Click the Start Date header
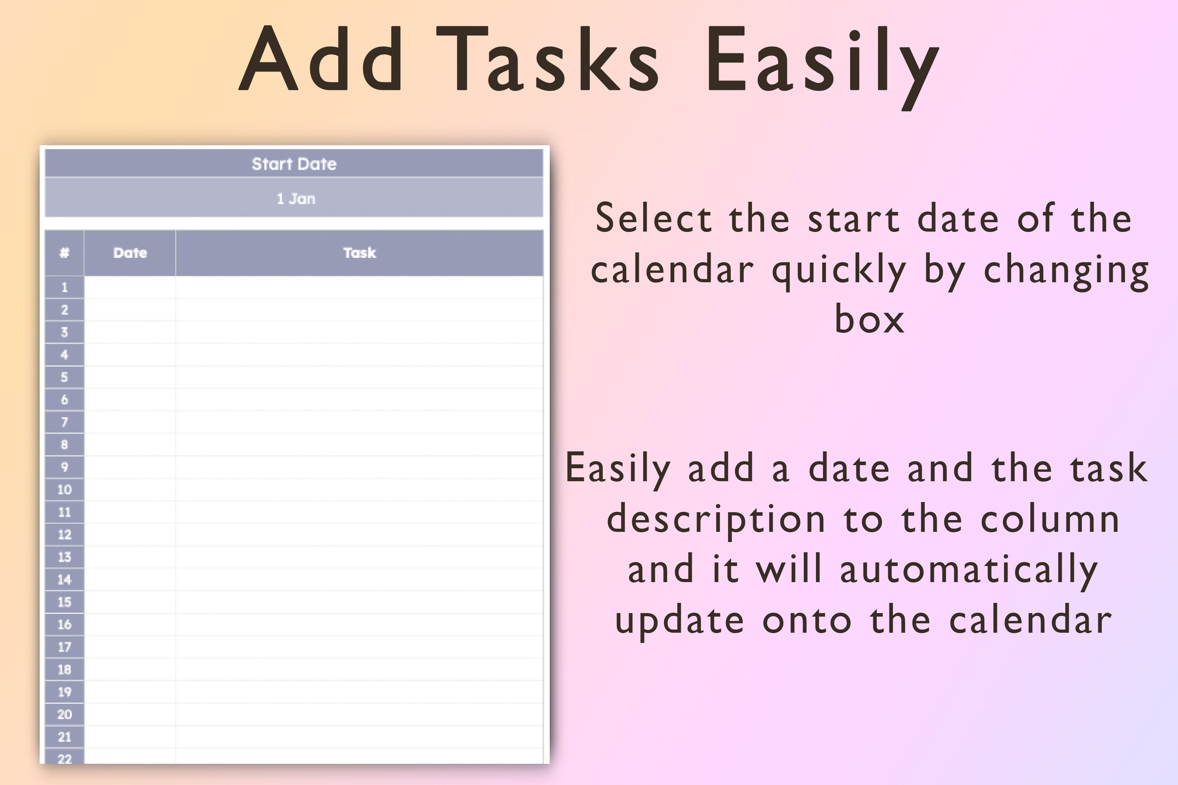[294, 164]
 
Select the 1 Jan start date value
[296, 199]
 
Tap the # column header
[64, 253]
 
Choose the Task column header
[360, 253]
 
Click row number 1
[64, 287]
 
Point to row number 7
[64, 422]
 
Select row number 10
[64, 489]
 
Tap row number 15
[64, 602]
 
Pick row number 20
[64, 714]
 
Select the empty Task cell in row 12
[360, 535]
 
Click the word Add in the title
[320, 59]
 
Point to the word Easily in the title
[821, 62]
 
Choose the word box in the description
[869, 319]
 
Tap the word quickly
[839, 270]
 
